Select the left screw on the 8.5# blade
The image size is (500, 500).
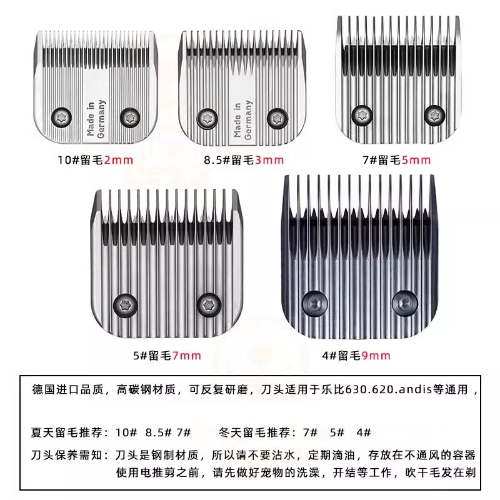(206, 116)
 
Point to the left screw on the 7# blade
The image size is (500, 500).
(360, 114)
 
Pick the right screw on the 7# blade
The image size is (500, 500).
(432, 114)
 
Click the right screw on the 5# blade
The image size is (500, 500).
(209, 304)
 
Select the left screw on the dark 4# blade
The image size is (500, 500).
(313, 304)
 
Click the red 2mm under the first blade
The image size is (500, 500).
(119, 160)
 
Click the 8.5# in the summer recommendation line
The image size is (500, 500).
(157, 432)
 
